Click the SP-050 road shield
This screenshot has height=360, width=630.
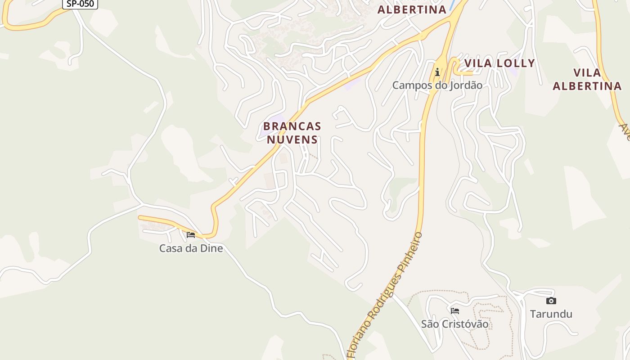[80, 4]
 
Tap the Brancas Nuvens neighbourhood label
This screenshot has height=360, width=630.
[292, 133]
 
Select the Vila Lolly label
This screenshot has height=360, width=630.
[499, 63]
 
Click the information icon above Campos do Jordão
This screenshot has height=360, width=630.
[437, 72]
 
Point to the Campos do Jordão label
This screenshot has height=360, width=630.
[437, 85]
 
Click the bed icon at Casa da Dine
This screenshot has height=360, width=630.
[191, 235]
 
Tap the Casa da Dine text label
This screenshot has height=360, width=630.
[191, 248]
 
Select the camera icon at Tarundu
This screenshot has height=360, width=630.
[551, 301]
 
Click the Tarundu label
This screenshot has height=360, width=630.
[551, 314]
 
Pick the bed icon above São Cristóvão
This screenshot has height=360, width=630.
[455, 310]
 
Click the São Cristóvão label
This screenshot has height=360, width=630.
[454, 324]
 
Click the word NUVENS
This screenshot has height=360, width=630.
[292, 139]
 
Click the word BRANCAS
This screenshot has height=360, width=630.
[292, 126]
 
